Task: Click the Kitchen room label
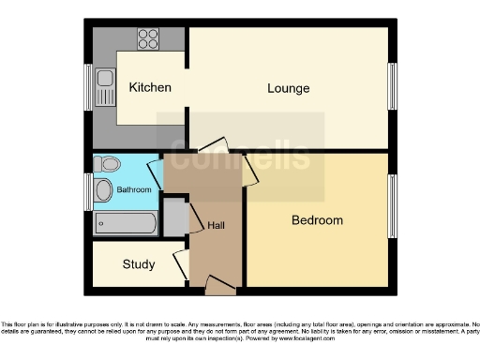click(150, 88)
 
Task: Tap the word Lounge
click(288, 89)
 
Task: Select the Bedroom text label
click(317, 221)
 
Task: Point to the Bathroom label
click(134, 190)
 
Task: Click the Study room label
click(139, 264)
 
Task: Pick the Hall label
click(216, 226)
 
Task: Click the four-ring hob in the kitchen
click(148, 38)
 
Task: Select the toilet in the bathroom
click(108, 165)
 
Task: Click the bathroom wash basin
click(103, 190)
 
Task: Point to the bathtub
click(126, 223)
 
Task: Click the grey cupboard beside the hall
click(174, 217)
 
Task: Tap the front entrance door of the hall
click(219, 283)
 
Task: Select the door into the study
click(180, 264)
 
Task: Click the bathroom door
click(155, 176)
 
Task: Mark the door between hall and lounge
click(213, 146)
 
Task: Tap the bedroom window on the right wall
click(392, 206)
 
